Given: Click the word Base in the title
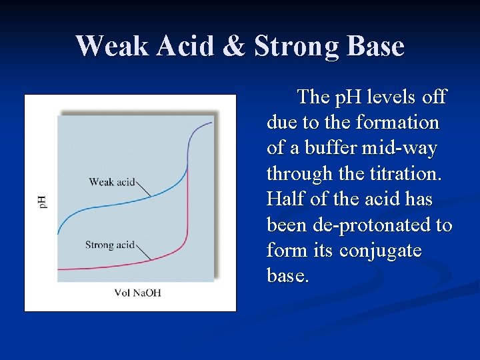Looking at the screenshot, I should click(377, 47).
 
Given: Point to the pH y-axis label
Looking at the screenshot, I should click(42, 201).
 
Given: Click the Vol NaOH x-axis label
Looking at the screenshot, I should click(138, 293).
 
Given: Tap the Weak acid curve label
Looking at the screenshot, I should click(112, 181).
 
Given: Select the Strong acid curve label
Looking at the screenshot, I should click(110, 245).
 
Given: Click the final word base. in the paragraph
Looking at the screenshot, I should click(288, 275).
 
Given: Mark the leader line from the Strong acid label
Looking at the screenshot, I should click(145, 252).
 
